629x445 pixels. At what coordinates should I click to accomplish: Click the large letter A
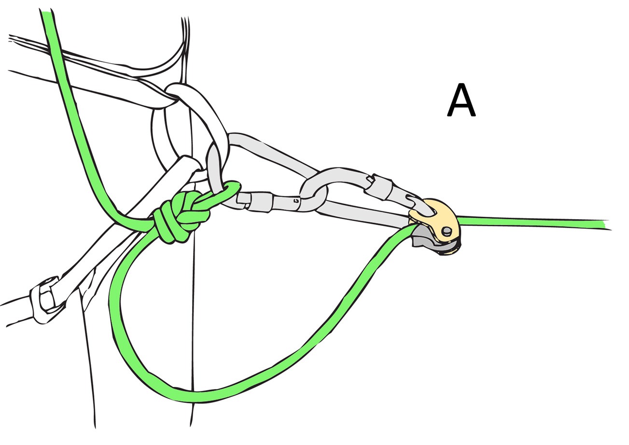pos(461,99)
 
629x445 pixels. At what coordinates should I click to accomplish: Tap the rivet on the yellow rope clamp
pos(446,231)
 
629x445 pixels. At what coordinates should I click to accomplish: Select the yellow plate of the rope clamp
pos(438,222)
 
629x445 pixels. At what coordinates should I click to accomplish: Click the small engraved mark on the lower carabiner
pos(295,200)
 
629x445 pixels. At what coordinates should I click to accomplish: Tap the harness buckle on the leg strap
pos(45,301)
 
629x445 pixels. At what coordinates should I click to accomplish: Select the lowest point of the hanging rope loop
pos(196,396)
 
